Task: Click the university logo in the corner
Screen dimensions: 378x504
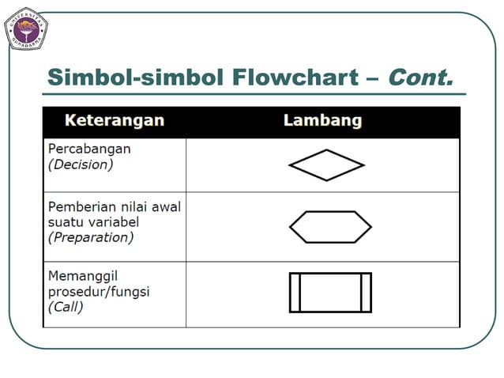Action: (27, 28)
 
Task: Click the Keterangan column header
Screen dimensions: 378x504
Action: (115, 121)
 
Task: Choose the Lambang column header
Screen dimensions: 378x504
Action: (322, 121)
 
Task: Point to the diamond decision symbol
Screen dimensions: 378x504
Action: (326, 165)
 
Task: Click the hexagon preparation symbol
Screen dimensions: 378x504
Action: (329, 227)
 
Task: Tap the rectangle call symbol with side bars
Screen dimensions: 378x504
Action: (329, 292)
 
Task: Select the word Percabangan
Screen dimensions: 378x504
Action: (89, 149)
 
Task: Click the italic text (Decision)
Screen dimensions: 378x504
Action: (81, 164)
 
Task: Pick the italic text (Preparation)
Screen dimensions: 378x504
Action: (91, 236)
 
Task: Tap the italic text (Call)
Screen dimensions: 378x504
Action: (66, 306)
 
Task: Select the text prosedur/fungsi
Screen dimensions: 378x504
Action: (99, 292)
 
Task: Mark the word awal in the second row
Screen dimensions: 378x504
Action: (165, 206)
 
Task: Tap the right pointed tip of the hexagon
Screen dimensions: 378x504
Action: (370, 227)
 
